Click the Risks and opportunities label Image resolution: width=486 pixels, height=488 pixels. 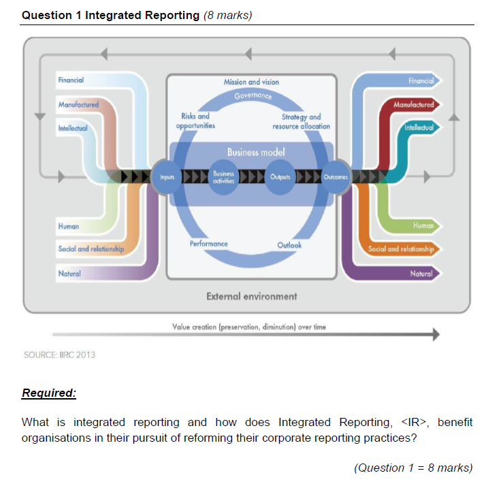[195, 121]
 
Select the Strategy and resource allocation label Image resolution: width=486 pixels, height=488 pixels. [301, 121]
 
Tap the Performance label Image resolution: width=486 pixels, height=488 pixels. [208, 243]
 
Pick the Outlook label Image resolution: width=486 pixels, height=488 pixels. [289, 245]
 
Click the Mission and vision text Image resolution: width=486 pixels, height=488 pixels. [251, 82]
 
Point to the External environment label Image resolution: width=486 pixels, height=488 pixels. [251, 296]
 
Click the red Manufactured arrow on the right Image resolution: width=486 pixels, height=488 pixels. [412, 105]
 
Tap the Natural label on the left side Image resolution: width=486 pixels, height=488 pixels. [69, 274]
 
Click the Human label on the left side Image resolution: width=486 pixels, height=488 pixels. [69, 226]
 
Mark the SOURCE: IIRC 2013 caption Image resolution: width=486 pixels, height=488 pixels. [59, 355]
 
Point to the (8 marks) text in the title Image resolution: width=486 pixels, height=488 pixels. [227, 16]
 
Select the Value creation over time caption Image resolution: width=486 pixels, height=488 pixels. [249, 327]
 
